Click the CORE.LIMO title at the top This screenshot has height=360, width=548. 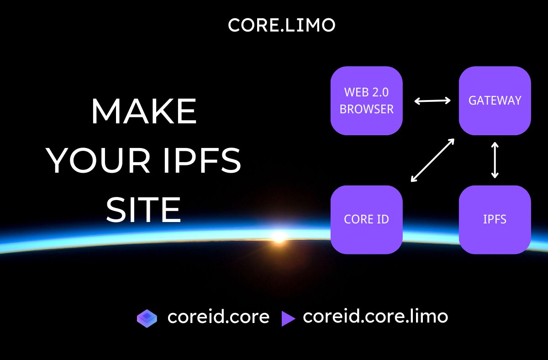(281, 26)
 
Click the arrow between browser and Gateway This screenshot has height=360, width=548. (432, 101)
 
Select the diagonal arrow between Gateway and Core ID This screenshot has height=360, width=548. (432, 160)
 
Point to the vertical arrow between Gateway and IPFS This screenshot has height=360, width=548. (495, 160)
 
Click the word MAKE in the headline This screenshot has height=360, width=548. (144, 112)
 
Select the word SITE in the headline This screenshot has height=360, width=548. (144, 211)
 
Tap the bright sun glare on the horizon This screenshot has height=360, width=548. (278, 236)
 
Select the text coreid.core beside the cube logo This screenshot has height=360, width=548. (218, 317)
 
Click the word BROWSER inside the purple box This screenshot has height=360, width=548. (366, 110)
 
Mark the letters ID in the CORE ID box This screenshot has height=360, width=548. (383, 219)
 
